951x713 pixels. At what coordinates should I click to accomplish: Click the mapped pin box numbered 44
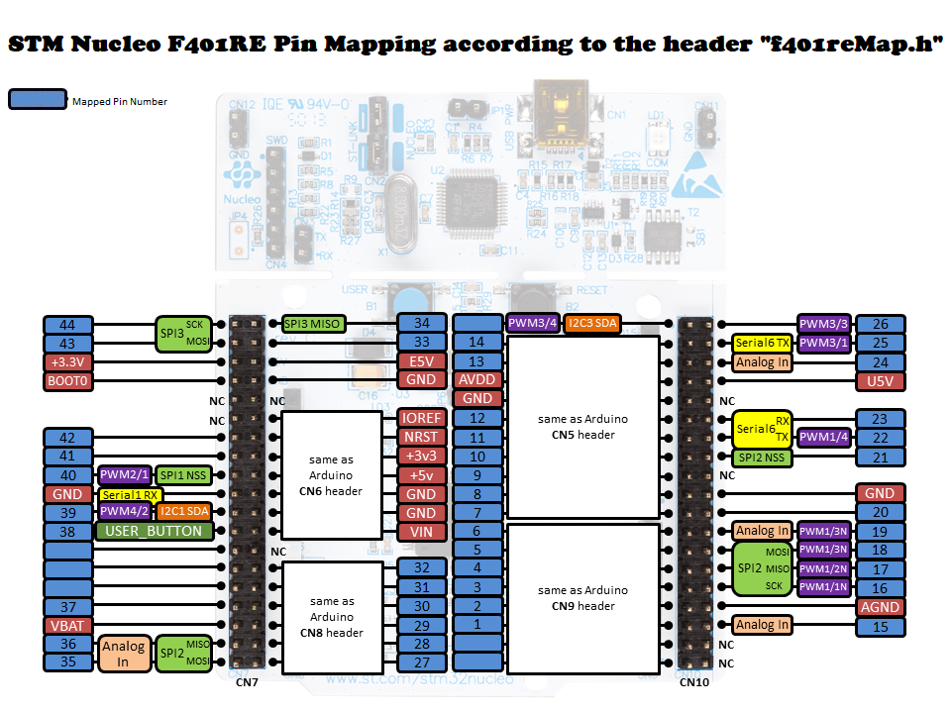point(67,324)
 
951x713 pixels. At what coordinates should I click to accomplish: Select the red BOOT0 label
point(67,381)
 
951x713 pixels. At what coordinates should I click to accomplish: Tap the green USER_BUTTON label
point(153,531)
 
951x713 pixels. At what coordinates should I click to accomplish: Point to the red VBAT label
point(67,625)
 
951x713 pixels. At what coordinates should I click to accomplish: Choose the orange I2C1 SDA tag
point(184,512)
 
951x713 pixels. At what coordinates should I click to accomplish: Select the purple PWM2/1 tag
point(124,475)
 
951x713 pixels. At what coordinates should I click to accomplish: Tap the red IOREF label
point(421,418)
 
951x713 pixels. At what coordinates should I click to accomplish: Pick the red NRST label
point(421,437)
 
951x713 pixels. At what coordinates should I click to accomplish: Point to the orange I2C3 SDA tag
point(593,323)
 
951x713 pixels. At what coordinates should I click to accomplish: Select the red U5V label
point(880,381)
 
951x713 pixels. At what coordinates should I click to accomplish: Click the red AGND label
point(880,607)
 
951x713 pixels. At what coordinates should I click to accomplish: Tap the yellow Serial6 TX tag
point(763,343)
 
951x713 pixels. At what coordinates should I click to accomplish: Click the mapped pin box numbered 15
point(880,626)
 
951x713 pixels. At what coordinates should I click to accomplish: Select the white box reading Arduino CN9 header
point(582,598)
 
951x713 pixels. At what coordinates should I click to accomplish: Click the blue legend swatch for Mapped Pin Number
point(37,99)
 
